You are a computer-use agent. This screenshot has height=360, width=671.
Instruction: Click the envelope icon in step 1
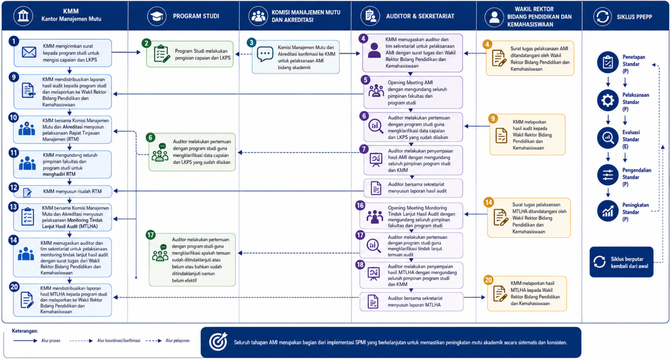coord(29,52)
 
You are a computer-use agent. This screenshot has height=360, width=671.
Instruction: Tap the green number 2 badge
coord(146,43)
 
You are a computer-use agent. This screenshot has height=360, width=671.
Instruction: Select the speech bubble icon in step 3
coord(265,54)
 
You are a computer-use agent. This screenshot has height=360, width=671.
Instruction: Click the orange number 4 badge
coord(487,44)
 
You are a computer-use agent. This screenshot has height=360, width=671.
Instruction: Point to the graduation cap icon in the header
coord(157,16)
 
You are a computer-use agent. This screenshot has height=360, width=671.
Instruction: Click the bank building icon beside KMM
coord(23,16)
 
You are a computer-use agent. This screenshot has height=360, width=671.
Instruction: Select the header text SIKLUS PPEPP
coord(634,17)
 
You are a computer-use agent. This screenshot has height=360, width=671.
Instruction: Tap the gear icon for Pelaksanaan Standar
coord(608,100)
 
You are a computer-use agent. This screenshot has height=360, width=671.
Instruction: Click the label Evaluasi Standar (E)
coord(631,139)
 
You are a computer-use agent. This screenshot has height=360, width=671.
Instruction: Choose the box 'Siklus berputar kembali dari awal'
coord(621,262)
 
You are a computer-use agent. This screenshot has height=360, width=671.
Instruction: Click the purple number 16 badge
coord(360,205)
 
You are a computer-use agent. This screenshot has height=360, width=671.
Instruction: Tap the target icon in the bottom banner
coord(218,342)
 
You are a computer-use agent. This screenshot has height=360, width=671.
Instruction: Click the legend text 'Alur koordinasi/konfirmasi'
coord(119,340)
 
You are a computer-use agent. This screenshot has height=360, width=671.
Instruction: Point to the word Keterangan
coord(25,331)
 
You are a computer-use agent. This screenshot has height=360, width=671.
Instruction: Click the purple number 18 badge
coord(360,264)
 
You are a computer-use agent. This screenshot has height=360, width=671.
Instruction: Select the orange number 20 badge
coord(488,280)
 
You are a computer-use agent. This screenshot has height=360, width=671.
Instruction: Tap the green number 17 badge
coord(150,235)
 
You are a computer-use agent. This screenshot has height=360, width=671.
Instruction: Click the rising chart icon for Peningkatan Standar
coord(608,211)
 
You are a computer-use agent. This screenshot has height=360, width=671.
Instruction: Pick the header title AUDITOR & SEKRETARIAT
coord(420,16)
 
